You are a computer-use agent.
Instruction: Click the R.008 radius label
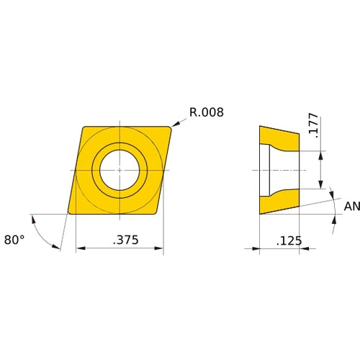[207, 112]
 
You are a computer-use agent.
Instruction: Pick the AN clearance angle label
[351, 207]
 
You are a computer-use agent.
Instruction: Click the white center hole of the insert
[120, 171]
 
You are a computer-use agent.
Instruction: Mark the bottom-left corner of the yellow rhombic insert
[70, 214]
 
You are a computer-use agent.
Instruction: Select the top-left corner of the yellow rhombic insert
[82, 127]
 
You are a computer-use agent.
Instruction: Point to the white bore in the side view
[282, 170]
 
